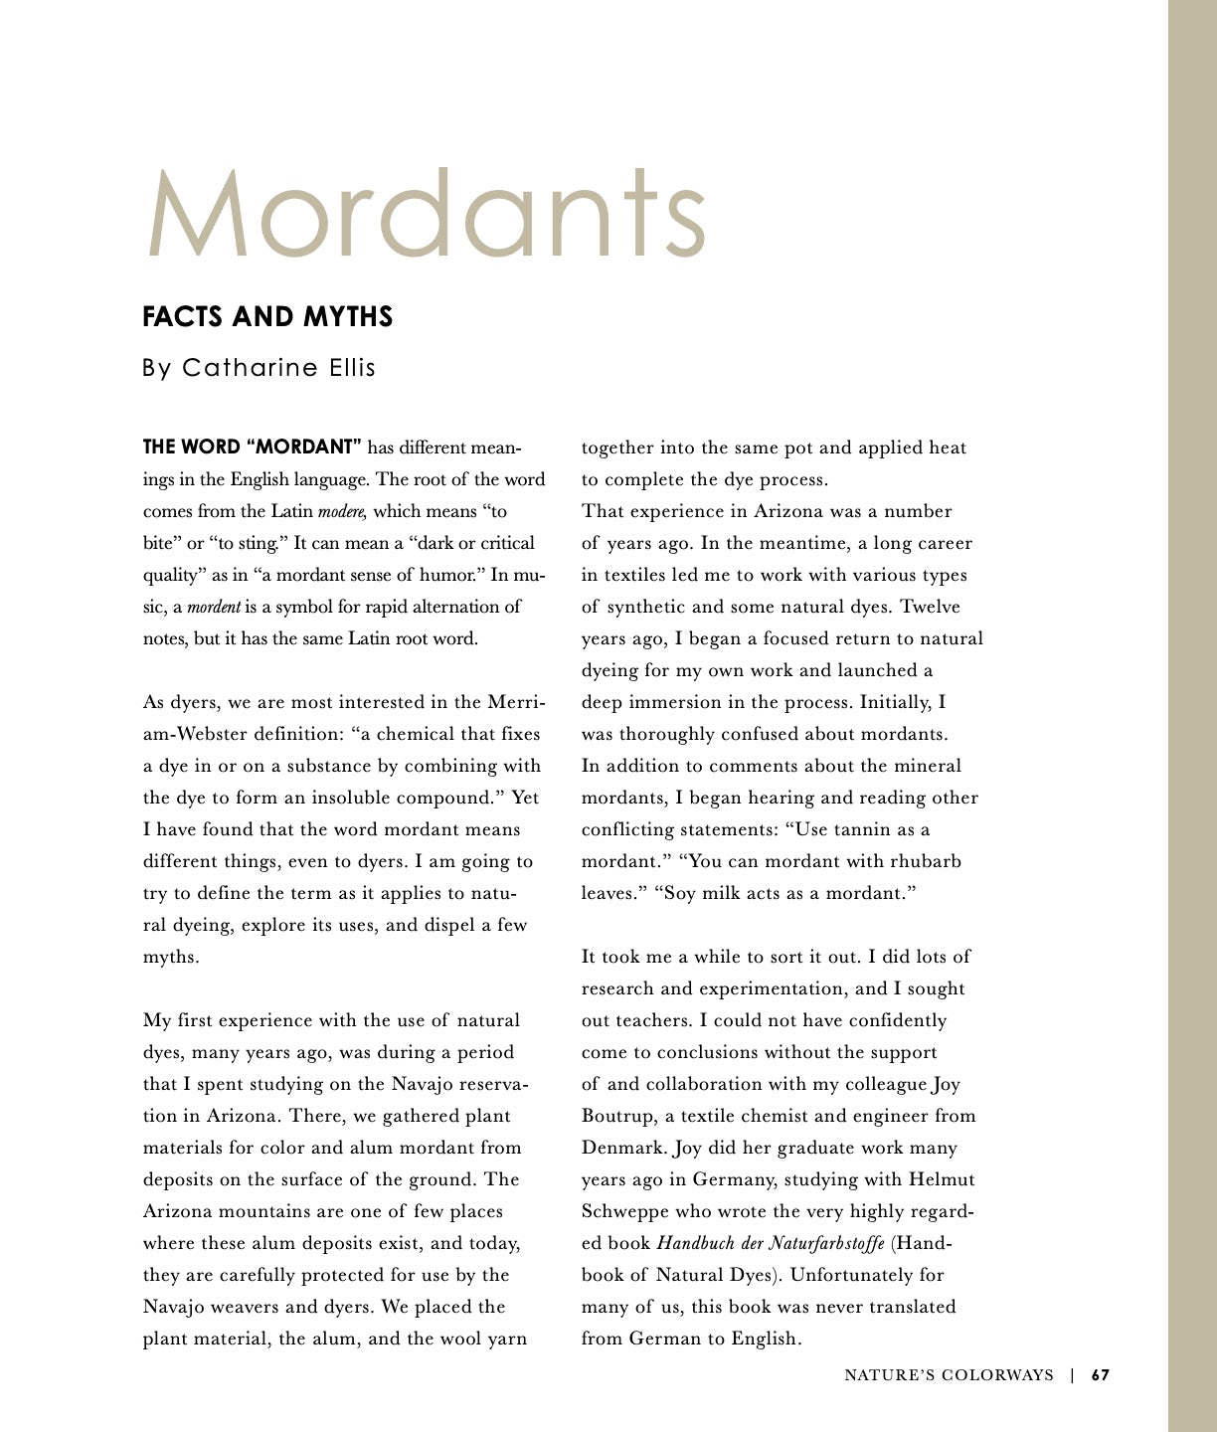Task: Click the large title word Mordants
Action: click(x=428, y=214)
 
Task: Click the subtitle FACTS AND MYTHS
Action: click(x=267, y=317)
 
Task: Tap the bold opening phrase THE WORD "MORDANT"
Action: click(x=252, y=447)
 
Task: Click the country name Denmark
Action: click(x=623, y=1148)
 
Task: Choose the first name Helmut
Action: click(x=941, y=1179)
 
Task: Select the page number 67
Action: click(x=1100, y=1375)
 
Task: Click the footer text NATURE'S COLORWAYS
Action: click(x=949, y=1375)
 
